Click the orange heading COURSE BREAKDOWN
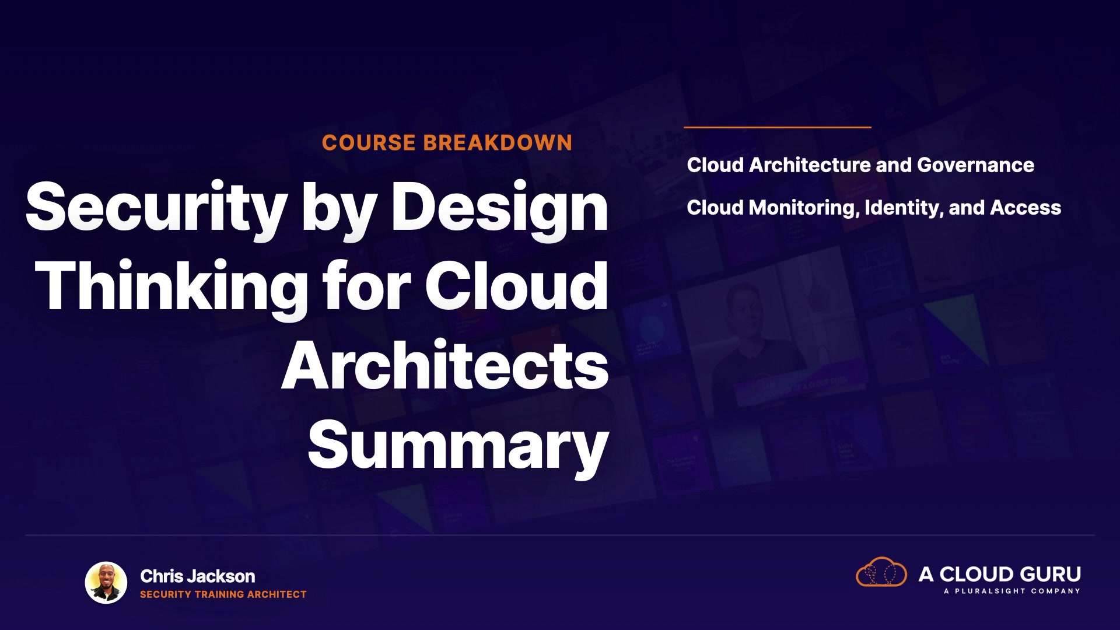447,143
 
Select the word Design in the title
500,209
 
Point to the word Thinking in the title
171,288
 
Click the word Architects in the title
445,366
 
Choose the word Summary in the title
459,447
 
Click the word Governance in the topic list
975,165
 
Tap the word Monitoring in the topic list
804,208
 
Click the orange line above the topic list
778,127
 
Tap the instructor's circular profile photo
106,583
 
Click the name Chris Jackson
198,576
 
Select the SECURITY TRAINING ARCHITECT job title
223,594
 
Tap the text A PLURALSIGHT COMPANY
1012,591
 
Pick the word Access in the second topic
1026,208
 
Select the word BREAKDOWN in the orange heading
498,143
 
